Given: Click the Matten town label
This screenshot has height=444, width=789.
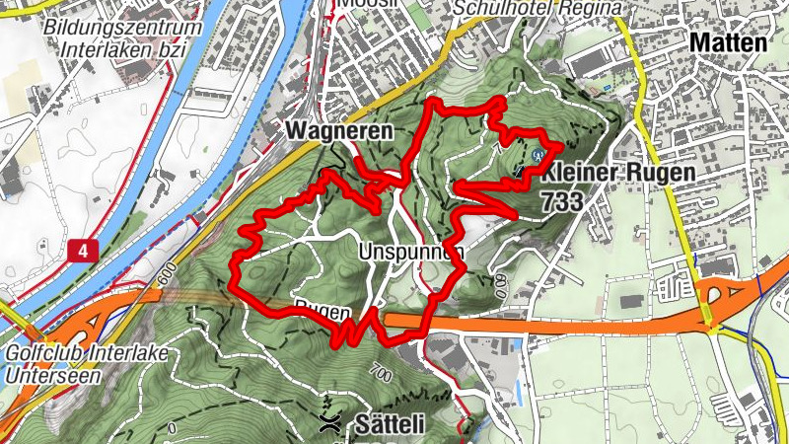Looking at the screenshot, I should click(728, 43).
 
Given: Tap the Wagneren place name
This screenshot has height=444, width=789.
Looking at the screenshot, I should click(339, 130).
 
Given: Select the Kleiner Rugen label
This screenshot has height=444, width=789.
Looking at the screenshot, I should click(617, 173).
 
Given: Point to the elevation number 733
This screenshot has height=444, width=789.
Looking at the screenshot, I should click(561, 200).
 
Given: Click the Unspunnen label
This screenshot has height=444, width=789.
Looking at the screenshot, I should click(411, 251).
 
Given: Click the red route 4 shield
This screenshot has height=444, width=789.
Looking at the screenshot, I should click(84, 252).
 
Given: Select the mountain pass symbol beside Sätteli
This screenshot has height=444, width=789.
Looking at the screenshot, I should click(331, 424).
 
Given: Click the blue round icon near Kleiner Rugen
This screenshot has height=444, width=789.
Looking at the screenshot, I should click(538, 154).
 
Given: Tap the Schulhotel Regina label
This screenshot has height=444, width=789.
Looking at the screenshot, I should click(538, 9).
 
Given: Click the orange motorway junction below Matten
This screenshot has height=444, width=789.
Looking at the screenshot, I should click(711, 294).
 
